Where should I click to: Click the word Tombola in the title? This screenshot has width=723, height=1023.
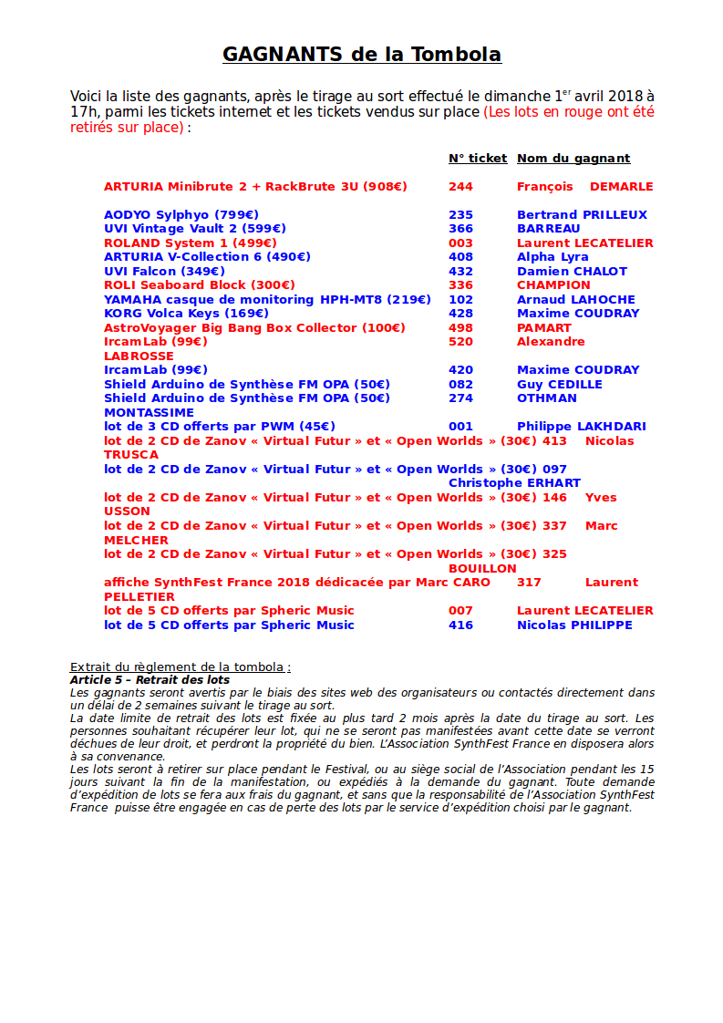click(x=455, y=55)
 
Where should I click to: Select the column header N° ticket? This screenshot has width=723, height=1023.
click(x=477, y=159)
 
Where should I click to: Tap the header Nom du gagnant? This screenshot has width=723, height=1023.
click(x=573, y=159)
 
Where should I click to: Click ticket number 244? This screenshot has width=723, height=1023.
click(x=460, y=187)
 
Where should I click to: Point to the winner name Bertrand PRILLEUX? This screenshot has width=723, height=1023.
click(x=582, y=215)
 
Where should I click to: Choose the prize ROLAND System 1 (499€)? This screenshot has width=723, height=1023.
click(x=191, y=243)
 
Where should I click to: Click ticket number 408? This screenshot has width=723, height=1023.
click(x=460, y=257)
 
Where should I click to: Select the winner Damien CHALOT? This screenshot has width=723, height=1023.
click(x=572, y=272)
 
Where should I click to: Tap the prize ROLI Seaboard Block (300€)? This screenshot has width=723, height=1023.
click(x=200, y=285)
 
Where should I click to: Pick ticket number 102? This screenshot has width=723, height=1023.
click(x=460, y=300)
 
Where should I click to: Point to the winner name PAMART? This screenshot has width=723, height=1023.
click(x=544, y=328)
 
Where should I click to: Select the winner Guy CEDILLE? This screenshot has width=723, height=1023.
click(x=559, y=385)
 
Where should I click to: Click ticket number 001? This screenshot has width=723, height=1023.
click(x=460, y=427)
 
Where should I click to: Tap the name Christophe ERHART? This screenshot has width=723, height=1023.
click(x=514, y=483)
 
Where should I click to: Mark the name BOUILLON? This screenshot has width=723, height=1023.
click(x=482, y=568)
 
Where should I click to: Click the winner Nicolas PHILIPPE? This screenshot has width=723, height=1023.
click(x=574, y=625)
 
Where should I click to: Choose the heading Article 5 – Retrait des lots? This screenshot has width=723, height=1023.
click(x=150, y=680)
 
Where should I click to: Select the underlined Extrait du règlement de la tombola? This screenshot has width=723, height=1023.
click(x=180, y=667)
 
